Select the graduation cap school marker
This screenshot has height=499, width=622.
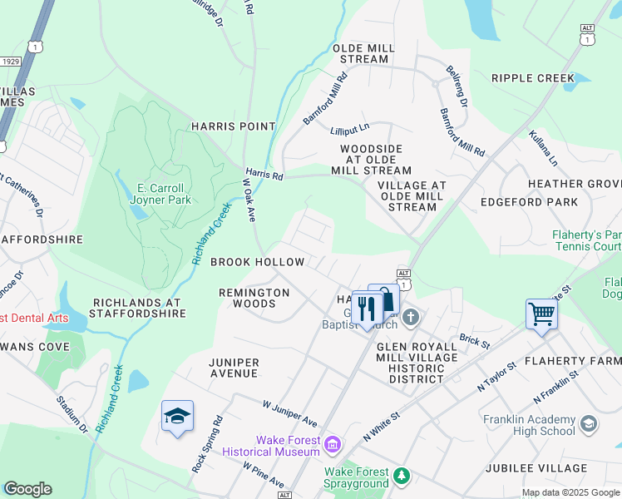pos(177,417)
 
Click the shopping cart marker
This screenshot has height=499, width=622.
pos(541,314)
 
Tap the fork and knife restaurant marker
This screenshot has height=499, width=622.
pos(366,308)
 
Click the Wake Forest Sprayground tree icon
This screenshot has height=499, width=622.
pos(402,475)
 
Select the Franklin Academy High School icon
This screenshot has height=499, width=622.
pos(589,425)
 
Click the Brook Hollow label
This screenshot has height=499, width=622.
pos(258,262)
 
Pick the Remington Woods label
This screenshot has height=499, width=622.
pos(254,298)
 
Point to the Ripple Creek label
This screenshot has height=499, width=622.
pos(532,78)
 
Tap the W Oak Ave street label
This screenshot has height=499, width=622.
pos(249,199)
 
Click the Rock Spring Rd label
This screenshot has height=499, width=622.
pos(207,444)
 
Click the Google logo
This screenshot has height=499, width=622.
pos(27,489)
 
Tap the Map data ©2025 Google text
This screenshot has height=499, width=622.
pos(570,492)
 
